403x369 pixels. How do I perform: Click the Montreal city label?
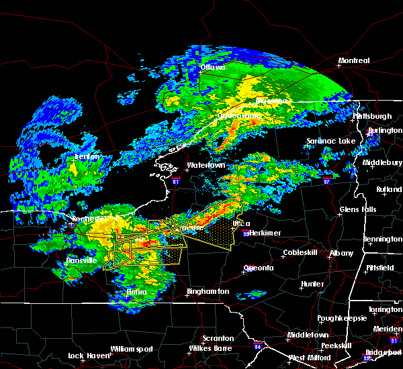(354, 60)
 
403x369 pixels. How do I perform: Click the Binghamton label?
(208, 292)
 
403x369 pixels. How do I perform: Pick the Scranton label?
(218, 338)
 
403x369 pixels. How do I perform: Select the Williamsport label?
(132, 349)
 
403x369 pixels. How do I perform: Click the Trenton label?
(87, 156)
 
